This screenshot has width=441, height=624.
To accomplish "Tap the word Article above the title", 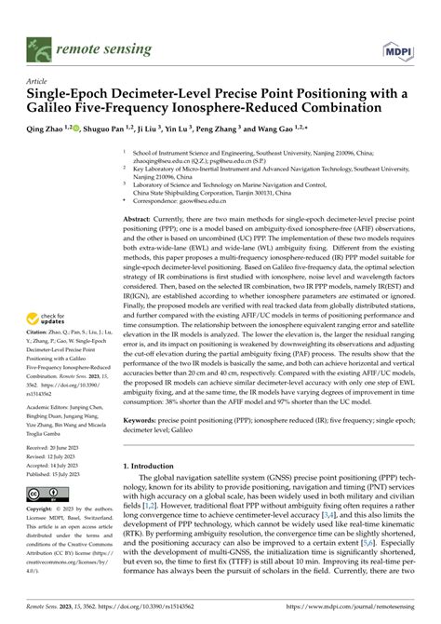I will coord(39,81).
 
